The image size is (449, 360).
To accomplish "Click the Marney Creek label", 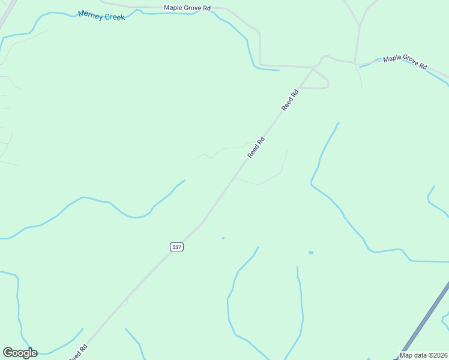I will pyautogui.click(x=101, y=15).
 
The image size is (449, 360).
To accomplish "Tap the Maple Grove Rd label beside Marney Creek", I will pyautogui.click(x=187, y=8).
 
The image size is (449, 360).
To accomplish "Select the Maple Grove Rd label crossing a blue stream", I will pyautogui.click(x=405, y=62).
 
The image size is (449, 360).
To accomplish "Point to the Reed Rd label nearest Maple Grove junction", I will pyautogui.click(x=290, y=100).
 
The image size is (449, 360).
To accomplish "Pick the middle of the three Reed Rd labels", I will pyautogui.click(x=256, y=148).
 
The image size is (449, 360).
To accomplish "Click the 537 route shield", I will pyautogui.click(x=176, y=247).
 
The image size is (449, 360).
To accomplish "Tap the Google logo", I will pyautogui.click(x=20, y=353).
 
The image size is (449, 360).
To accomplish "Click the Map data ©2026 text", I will pyautogui.click(x=423, y=355).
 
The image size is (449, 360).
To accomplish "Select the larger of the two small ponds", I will pyautogui.click(x=310, y=253).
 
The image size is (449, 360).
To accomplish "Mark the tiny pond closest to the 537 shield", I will pyautogui.click(x=223, y=238).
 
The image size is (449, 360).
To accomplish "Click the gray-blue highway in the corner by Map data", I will pyautogui.click(x=424, y=324).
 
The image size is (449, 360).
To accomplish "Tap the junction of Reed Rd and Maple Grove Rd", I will pyautogui.click(x=313, y=68).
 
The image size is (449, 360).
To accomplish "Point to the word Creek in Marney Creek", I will pyautogui.click(x=114, y=17).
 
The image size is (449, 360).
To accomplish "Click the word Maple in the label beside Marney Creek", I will pyautogui.click(x=173, y=8).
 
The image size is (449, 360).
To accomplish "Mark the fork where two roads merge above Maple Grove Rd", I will pyautogui.click(x=359, y=27).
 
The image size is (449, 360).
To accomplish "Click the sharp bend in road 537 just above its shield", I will pyautogui.click(x=202, y=224).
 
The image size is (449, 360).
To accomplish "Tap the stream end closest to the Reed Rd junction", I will pyautogui.click(x=279, y=70).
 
